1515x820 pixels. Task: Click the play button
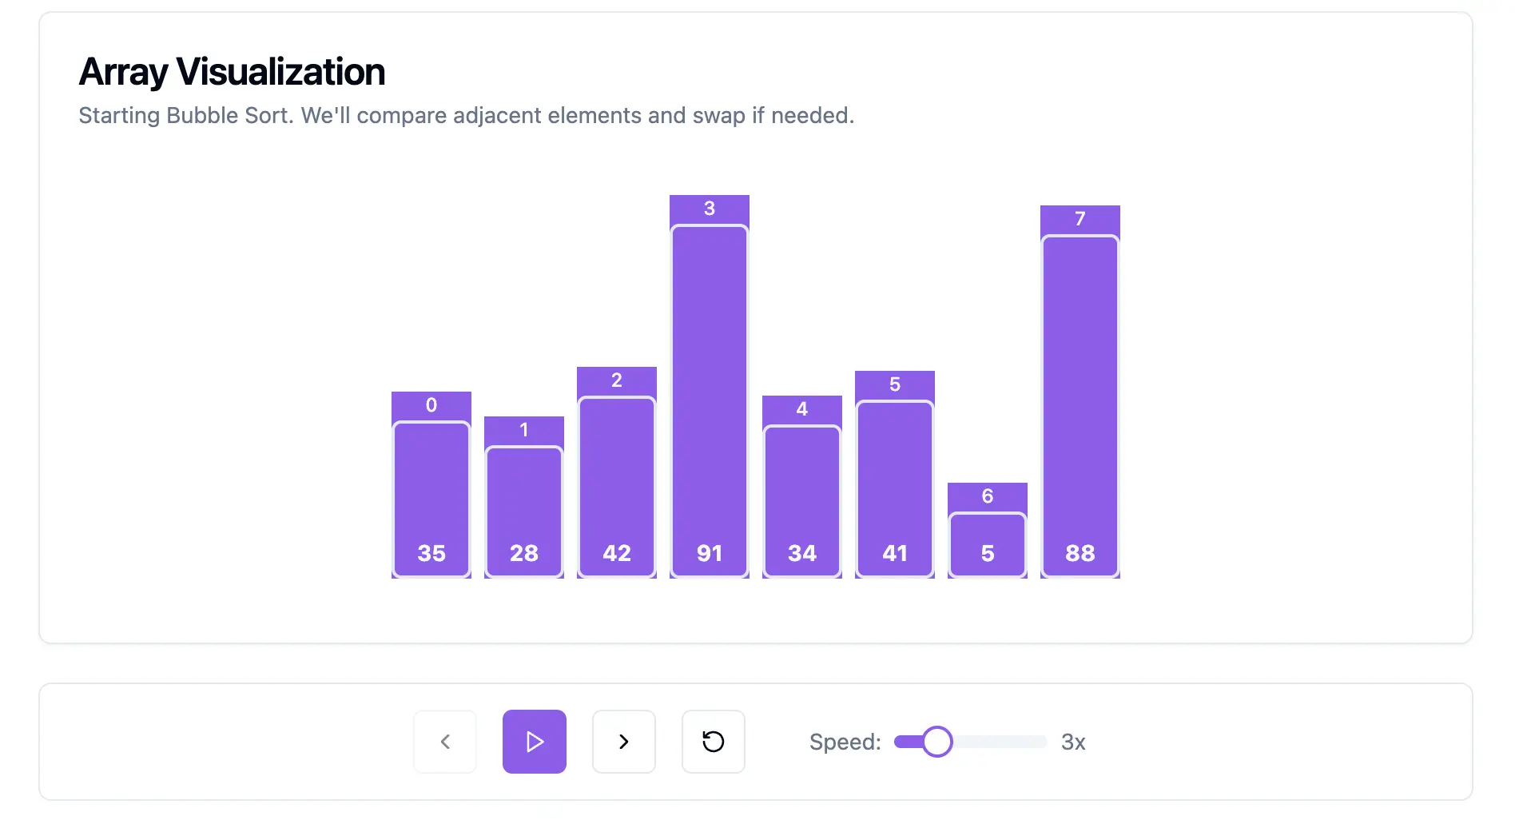click(x=535, y=742)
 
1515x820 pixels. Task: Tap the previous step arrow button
click(x=445, y=742)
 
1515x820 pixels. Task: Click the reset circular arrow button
click(x=714, y=742)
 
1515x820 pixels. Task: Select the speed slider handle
click(x=937, y=742)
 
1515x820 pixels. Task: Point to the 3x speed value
click(x=1073, y=742)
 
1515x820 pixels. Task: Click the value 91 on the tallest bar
click(x=710, y=553)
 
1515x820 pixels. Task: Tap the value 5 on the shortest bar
click(x=988, y=553)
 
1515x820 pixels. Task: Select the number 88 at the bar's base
click(x=1080, y=553)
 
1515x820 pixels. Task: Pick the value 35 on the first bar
click(x=431, y=553)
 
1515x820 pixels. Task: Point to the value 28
click(x=524, y=553)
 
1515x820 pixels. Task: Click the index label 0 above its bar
click(x=431, y=405)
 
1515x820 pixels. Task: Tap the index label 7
click(x=1080, y=219)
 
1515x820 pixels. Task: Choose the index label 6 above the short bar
click(x=988, y=496)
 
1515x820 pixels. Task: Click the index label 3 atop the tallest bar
click(x=710, y=209)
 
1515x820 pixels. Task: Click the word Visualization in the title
click(x=280, y=72)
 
